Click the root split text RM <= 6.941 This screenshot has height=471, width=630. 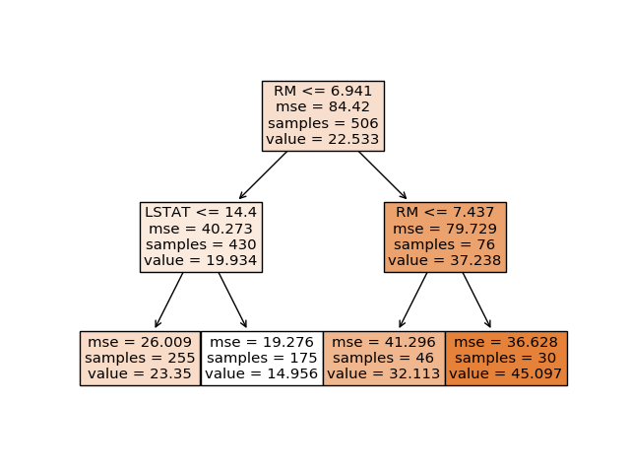click(323, 91)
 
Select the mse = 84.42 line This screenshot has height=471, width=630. click(323, 107)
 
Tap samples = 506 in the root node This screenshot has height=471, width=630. click(323, 123)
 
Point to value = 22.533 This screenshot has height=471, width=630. click(323, 139)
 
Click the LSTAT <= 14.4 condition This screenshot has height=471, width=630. click(201, 212)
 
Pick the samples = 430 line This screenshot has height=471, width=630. click(201, 244)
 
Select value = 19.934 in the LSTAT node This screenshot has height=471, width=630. click(201, 260)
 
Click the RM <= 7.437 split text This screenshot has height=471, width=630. click(445, 212)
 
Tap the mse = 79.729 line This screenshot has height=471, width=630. click(445, 229)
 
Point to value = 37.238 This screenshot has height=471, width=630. click(445, 260)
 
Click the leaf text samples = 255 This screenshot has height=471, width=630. click(140, 358)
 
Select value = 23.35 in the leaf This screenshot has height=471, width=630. click(140, 373)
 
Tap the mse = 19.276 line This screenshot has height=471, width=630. click(262, 342)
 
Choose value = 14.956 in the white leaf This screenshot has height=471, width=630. click(262, 373)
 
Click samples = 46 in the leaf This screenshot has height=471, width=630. click(383, 358)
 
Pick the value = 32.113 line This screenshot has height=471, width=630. click(384, 373)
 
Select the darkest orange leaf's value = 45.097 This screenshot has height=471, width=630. click(505, 373)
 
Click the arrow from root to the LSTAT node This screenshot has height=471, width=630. click(263, 175)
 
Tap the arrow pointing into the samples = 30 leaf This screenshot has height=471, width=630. click(476, 301)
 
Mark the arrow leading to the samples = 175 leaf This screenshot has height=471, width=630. click(232, 301)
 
